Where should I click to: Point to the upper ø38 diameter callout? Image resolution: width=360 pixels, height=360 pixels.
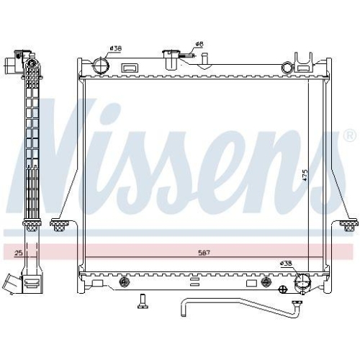(x=114, y=48)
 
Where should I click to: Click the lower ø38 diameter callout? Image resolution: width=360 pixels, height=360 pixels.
(x=287, y=264)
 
